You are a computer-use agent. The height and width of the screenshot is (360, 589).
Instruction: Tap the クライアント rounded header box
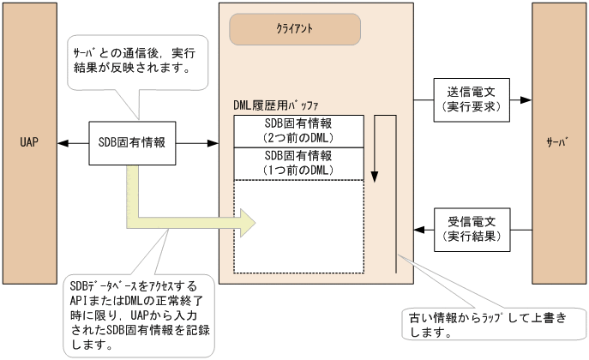click(294, 28)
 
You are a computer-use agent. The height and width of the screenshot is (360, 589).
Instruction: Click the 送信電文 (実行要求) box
click(472, 101)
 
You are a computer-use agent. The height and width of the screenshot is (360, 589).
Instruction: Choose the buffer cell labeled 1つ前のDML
click(298, 162)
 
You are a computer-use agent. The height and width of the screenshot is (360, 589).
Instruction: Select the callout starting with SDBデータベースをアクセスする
click(137, 314)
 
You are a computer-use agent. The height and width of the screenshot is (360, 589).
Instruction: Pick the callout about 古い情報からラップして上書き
click(484, 323)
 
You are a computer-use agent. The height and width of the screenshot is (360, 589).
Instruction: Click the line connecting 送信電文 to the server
click(520, 101)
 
